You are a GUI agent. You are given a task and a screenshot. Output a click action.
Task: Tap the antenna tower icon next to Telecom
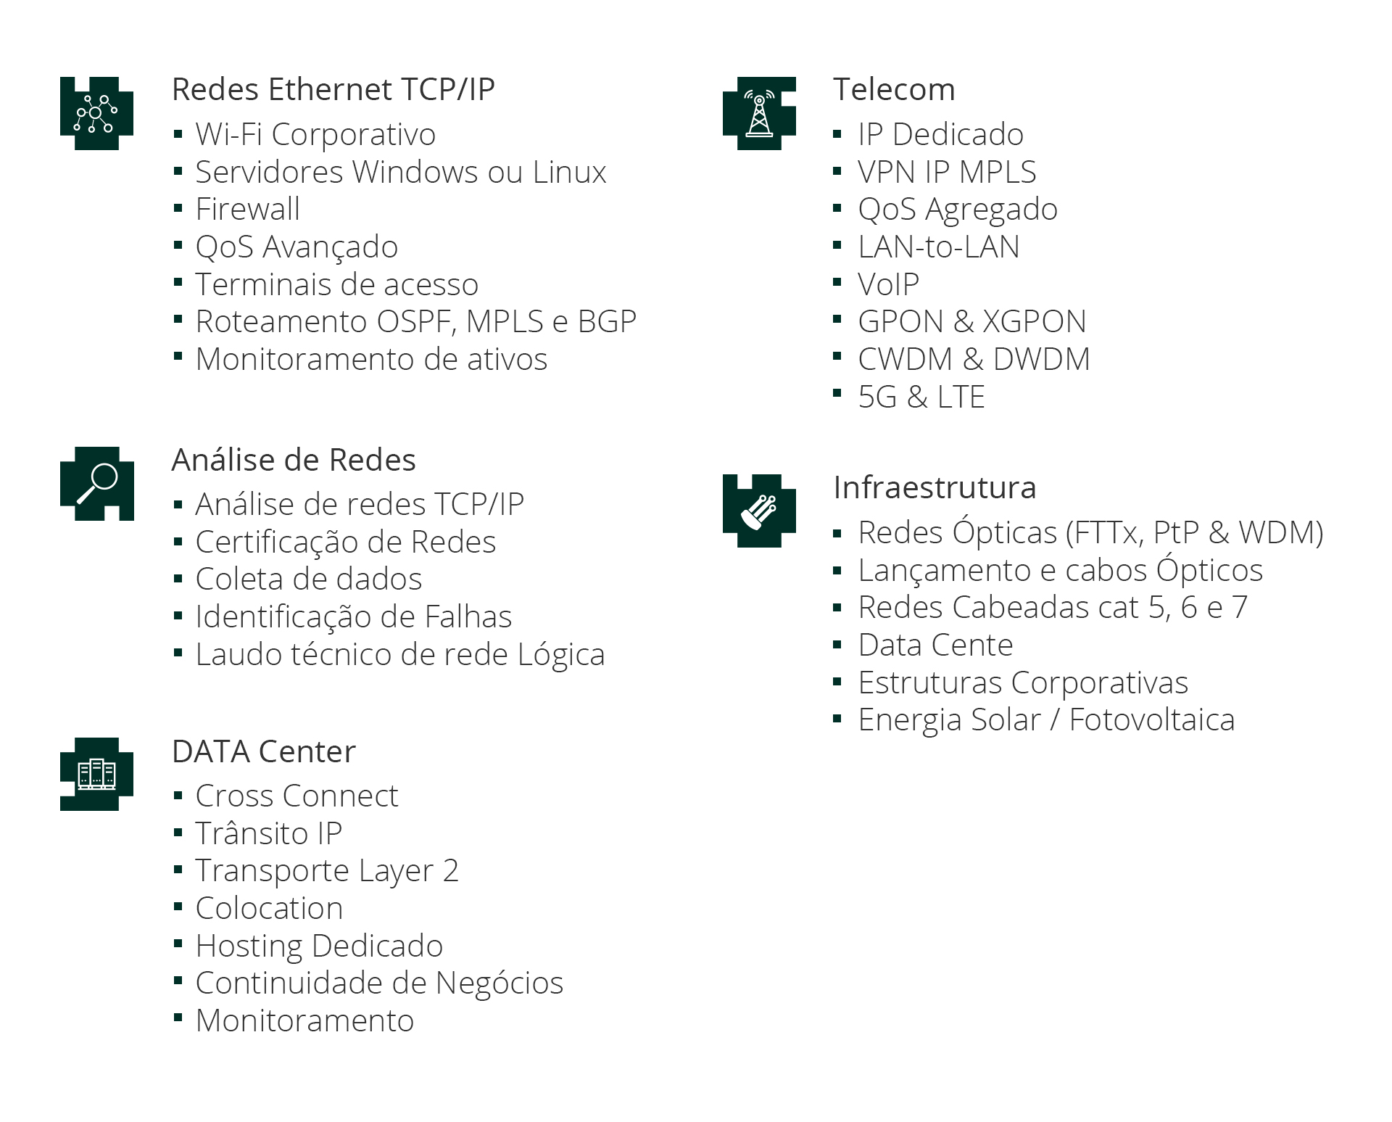759,113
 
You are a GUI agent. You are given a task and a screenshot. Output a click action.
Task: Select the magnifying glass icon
97,483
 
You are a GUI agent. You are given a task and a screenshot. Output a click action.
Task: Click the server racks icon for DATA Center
96,774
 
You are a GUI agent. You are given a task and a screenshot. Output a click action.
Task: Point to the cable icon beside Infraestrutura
759,511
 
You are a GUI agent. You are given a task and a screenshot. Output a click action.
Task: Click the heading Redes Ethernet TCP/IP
333,90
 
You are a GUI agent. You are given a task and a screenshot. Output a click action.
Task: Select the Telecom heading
893,90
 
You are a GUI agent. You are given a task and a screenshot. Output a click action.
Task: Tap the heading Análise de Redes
293,460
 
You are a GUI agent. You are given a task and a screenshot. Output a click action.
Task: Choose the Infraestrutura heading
935,487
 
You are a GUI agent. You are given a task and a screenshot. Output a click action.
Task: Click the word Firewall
247,210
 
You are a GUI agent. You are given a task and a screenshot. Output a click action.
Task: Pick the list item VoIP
888,284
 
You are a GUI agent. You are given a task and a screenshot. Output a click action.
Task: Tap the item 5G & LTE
921,397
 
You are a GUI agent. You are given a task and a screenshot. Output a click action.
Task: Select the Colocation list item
269,908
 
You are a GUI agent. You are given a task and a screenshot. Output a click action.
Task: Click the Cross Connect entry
297,796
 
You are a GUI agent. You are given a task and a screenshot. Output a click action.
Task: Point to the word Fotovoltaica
1151,720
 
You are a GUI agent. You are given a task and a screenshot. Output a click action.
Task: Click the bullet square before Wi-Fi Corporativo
178,133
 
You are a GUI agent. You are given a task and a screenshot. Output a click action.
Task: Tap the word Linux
569,173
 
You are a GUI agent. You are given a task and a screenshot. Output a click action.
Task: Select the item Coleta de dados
308,579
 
